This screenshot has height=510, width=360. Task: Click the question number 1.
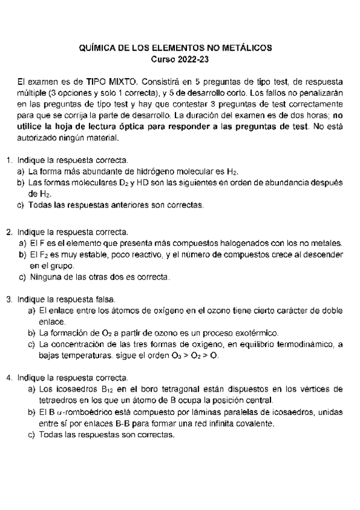pyautogui.click(x=8, y=161)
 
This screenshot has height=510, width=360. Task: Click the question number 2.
pyautogui.click(x=8, y=232)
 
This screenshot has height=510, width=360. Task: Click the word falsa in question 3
pyautogui.click(x=105, y=299)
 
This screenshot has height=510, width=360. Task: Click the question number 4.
pyautogui.click(x=8, y=378)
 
